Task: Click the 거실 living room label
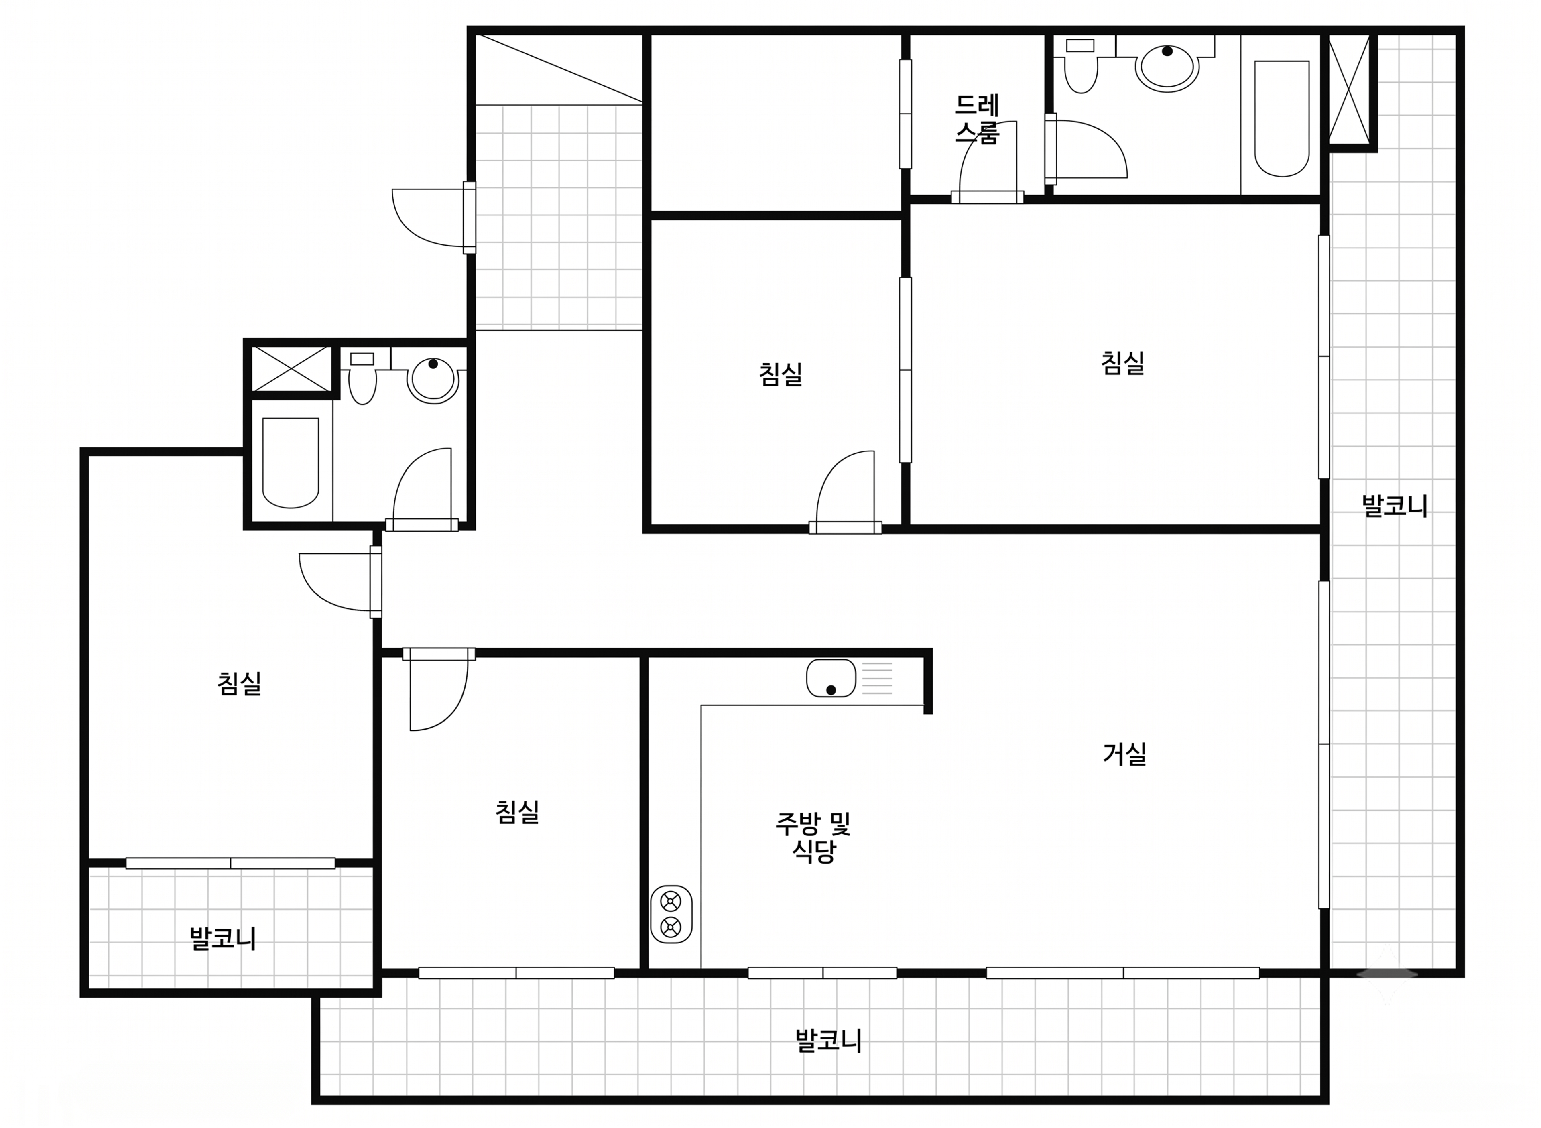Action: pos(1124,754)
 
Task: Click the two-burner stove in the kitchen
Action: pos(671,914)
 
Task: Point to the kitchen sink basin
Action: pos(831,678)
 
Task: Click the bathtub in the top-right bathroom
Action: pos(1281,118)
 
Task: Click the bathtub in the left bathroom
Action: pos(291,463)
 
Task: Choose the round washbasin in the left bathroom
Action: pos(433,380)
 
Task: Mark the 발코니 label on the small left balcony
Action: pos(223,939)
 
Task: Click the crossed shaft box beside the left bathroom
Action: pos(291,369)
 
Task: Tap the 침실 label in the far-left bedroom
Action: pos(240,683)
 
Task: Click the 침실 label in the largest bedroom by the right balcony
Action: pos(1122,363)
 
